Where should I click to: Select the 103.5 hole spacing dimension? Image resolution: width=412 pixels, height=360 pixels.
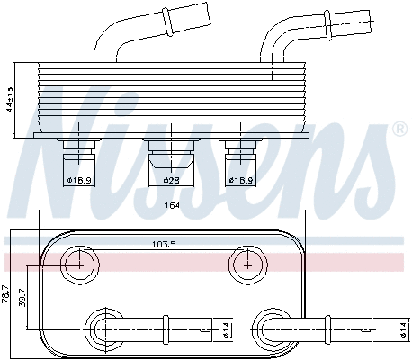tap(163, 244)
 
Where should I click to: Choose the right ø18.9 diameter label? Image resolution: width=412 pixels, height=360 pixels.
tap(239, 181)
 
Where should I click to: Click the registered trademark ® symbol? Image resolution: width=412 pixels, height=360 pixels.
tap(398, 130)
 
